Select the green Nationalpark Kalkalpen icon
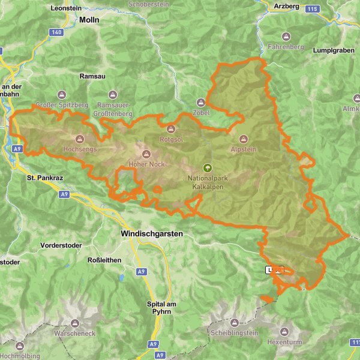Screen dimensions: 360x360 (x=208, y=169)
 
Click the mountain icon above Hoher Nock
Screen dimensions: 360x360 (x=146, y=154)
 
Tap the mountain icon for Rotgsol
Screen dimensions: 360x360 (x=170, y=128)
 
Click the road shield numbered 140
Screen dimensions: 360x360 (x=56, y=32)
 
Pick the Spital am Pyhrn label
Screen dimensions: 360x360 (x=163, y=308)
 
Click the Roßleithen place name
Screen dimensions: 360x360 (x=104, y=260)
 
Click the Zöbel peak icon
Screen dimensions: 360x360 (x=202, y=103)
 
